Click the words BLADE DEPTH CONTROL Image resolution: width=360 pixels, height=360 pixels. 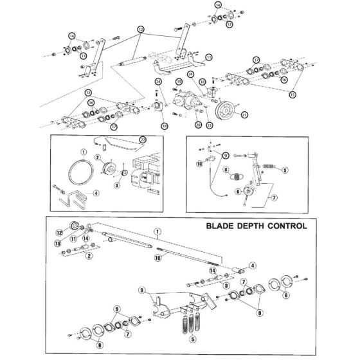pos(256,226)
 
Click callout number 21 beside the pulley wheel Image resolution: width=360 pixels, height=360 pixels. pos(244,114)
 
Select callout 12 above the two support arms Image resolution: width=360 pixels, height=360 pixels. pos(140,30)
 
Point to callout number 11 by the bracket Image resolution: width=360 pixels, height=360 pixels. pos(208,57)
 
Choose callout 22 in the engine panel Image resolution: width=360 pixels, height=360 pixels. pos(142,139)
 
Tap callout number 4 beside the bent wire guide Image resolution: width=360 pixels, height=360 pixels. pos(96,192)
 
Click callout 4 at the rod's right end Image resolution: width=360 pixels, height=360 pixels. pos(254,265)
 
